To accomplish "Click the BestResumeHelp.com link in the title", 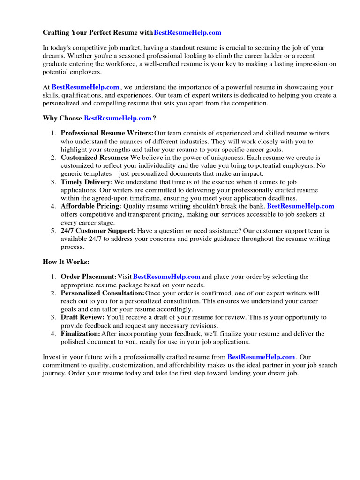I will pyautogui.click(x=187, y=33).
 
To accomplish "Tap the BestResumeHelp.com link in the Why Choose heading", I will pyautogui.click(x=118, y=118).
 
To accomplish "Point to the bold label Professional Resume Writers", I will pyautogui.click(x=107, y=134).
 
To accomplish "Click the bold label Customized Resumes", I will pyautogui.click(x=95, y=158).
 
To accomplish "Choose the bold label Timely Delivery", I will pyautogui.click(x=87, y=182).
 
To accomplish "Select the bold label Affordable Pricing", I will pyautogui.click(x=91, y=206).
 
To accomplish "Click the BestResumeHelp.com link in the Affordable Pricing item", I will pyautogui.click(x=300, y=206).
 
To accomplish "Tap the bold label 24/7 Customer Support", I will pyautogui.click(x=98, y=231).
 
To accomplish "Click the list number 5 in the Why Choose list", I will pyautogui.click(x=53, y=231).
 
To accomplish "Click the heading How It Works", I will pyautogui.click(x=66, y=262).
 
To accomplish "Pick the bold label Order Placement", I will pyautogui.click(x=89, y=277).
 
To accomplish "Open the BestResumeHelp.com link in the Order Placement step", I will pyautogui.click(x=167, y=277).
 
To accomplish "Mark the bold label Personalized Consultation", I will pyautogui.click(x=103, y=293).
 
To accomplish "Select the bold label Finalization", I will pyautogui.click(x=81, y=334).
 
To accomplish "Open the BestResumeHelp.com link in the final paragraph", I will pyautogui.click(x=261, y=357).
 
